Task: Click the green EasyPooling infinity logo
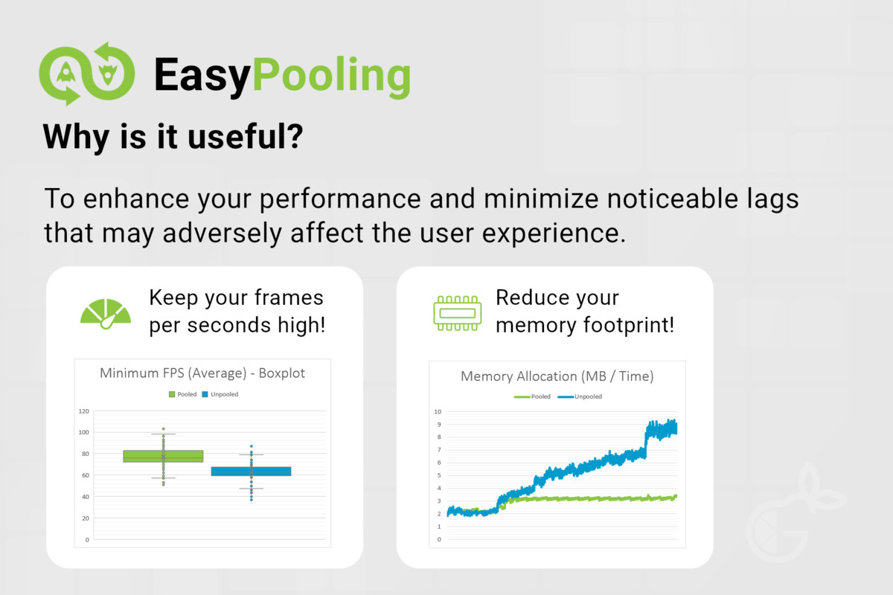(x=87, y=74)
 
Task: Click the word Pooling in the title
(x=332, y=76)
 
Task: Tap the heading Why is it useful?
(x=173, y=137)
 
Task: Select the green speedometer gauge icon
(x=106, y=314)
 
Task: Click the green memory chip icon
(x=457, y=313)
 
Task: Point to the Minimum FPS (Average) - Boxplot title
(x=202, y=373)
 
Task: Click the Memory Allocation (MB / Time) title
(x=557, y=376)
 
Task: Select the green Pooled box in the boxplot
(x=163, y=457)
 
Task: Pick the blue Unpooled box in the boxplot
(x=252, y=472)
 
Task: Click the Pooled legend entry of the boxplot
(x=182, y=394)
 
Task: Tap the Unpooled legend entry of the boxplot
(x=220, y=394)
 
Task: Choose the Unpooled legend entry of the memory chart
(x=580, y=396)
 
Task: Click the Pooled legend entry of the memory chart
(x=532, y=396)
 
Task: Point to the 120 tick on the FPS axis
(x=83, y=411)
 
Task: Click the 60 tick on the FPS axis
(x=86, y=475)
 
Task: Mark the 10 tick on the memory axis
(x=438, y=412)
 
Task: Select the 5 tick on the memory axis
(x=439, y=475)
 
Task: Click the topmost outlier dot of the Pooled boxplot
(x=164, y=429)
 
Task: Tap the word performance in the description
(x=340, y=199)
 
